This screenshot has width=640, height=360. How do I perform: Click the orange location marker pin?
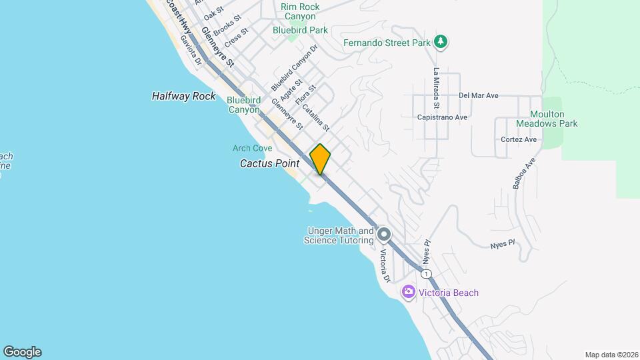tap(320, 159)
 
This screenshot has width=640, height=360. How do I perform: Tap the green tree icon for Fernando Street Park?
tap(440, 42)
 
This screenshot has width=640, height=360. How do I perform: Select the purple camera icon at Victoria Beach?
tap(409, 292)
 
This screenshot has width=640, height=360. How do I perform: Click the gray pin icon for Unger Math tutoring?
tap(384, 235)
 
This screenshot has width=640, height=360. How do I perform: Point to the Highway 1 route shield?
tap(426, 273)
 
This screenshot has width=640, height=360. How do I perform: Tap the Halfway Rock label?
tap(184, 96)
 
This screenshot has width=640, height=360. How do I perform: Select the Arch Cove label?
tap(253, 148)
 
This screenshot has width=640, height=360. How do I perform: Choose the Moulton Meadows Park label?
tap(547, 119)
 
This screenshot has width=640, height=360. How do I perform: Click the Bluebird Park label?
tap(300, 30)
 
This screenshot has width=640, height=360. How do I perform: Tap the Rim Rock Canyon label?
tap(300, 11)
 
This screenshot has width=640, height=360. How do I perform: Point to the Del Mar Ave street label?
tap(479, 95)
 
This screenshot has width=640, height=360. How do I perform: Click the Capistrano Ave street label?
tap(442, 117)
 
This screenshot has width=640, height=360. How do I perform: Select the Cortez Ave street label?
tap(519, 139)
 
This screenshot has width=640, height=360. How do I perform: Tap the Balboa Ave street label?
tap(525, 173)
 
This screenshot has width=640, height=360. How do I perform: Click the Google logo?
tap(22, 352)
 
